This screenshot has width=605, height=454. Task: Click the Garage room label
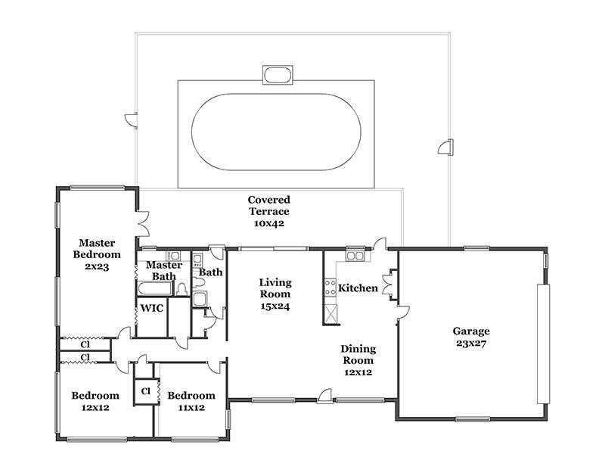click(471, 331)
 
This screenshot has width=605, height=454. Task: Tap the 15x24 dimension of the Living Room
click(275, 306)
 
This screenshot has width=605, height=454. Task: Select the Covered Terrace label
click(269, 205)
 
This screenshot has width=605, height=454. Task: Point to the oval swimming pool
click(276, 132)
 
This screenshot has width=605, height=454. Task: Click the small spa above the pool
click(278, 74)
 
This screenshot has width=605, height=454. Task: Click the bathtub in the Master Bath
click(155, 289)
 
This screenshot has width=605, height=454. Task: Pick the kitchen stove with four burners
click(330, 288)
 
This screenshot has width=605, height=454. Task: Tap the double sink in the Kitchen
click(355, 256)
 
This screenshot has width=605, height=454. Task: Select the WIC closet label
click(152, 308)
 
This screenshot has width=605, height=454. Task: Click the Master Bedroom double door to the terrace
click(143, 224)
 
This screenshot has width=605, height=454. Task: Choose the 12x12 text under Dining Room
click(358, 372)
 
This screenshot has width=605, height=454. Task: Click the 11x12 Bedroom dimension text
click(191, 408)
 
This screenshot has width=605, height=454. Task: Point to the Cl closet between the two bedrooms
click(145, 391)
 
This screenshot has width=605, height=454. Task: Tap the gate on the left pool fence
click(131, 120)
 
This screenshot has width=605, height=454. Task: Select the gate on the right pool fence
click(445, 147)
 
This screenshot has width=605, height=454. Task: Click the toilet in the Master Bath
click(181, 289)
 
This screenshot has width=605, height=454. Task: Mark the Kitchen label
click(358, 288)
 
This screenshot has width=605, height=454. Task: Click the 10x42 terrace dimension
click(269, 223)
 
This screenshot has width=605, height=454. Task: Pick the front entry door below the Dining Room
click(324, 396)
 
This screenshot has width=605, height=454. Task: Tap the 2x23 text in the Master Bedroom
click(97, 267)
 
